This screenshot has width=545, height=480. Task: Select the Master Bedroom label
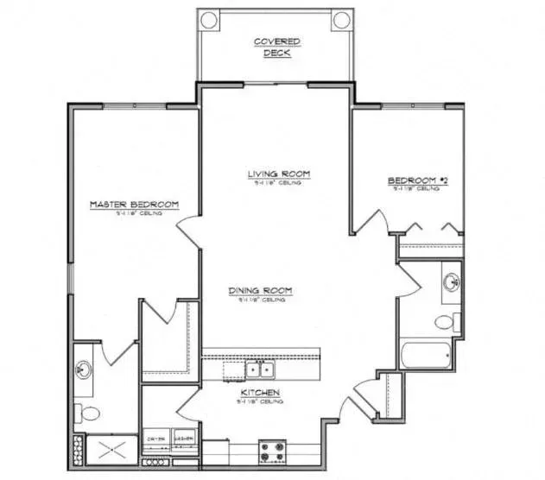135,205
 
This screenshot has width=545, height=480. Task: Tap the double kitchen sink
260,370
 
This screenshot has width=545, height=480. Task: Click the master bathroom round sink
84,370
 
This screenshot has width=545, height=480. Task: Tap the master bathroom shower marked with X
111,451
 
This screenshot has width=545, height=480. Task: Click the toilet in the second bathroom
445,322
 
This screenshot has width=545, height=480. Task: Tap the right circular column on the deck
339,20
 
